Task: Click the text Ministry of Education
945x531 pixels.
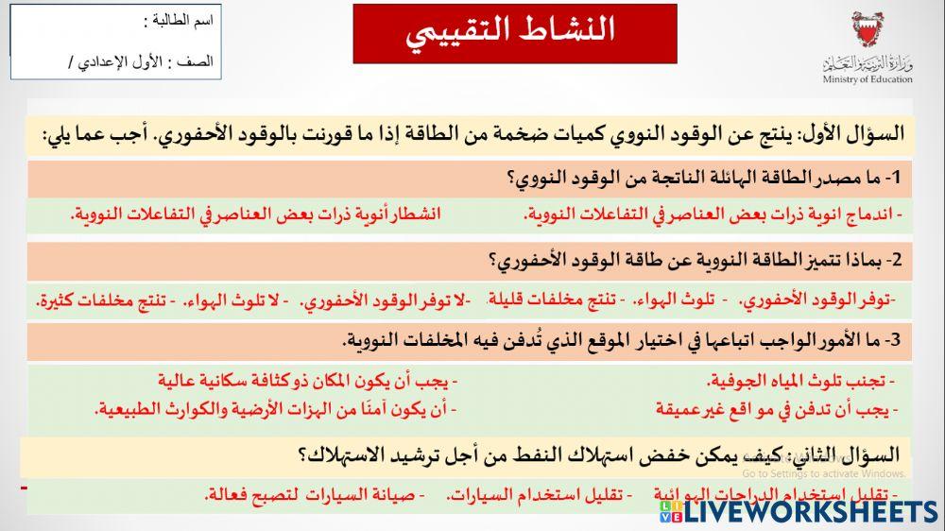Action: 867,79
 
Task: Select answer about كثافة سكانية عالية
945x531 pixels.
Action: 307,381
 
